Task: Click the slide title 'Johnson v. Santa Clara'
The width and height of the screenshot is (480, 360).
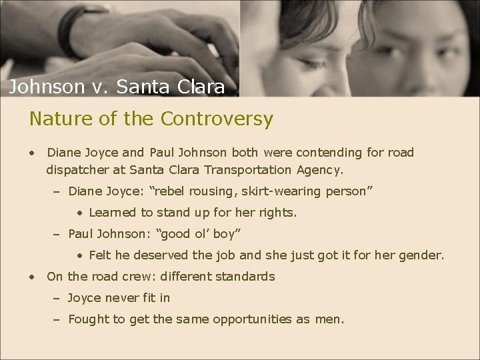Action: pyautogui.click(x=117, y=87)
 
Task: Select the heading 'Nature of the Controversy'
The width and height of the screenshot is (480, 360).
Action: pyautogui.click(x=151, y=119)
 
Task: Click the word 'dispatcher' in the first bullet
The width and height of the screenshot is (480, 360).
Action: pyautogui.click(x=78, y=170)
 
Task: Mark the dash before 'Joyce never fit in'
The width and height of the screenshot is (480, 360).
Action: pyautogui.click(x=57, y=298)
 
